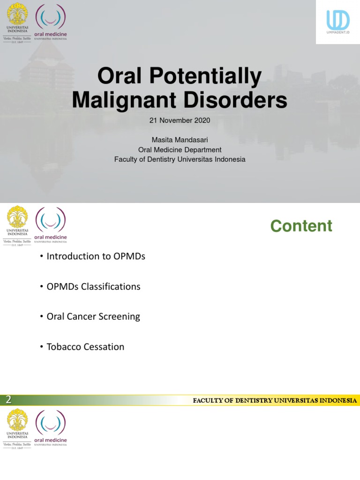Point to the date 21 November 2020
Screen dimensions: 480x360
180,120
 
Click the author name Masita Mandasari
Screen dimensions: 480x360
180,140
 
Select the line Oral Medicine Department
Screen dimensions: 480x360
180,150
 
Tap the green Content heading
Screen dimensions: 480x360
301,226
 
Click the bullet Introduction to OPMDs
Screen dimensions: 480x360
96,256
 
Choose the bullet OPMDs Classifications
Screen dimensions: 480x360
93,286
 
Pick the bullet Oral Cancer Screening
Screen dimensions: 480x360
93,316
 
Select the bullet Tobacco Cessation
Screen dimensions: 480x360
85,347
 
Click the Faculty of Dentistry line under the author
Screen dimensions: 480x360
180,159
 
